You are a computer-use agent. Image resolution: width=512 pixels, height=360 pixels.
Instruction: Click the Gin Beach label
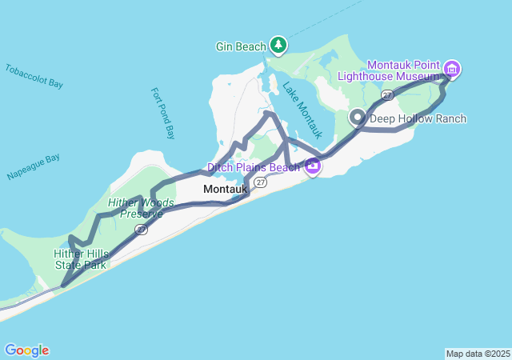[241, 46]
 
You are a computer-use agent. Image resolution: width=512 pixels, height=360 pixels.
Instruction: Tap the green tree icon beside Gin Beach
[278, 45]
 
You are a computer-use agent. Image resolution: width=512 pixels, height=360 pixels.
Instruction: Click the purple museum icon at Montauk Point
[452, 69]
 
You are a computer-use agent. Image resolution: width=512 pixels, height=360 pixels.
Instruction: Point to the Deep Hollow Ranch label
[418, 118]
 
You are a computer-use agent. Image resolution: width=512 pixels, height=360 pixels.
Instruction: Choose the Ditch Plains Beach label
[254, 167]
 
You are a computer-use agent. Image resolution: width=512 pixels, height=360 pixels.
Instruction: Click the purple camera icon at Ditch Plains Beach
[312, 167]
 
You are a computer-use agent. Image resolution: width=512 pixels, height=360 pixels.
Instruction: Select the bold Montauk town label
[225, 189]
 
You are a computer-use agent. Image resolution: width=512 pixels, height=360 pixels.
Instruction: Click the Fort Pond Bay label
[162, 113]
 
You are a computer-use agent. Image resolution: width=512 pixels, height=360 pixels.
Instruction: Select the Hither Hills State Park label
[80, 258]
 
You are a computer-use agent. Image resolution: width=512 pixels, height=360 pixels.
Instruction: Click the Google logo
[26, 350]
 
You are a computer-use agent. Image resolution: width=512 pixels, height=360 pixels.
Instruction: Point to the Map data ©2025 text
[477, 354]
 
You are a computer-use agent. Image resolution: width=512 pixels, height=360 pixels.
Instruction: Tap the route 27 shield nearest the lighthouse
[387, 95]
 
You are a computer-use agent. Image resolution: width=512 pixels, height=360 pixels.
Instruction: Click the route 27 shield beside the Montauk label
[261, 182]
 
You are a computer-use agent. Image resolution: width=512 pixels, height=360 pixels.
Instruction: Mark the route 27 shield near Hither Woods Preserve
[141, 230]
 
